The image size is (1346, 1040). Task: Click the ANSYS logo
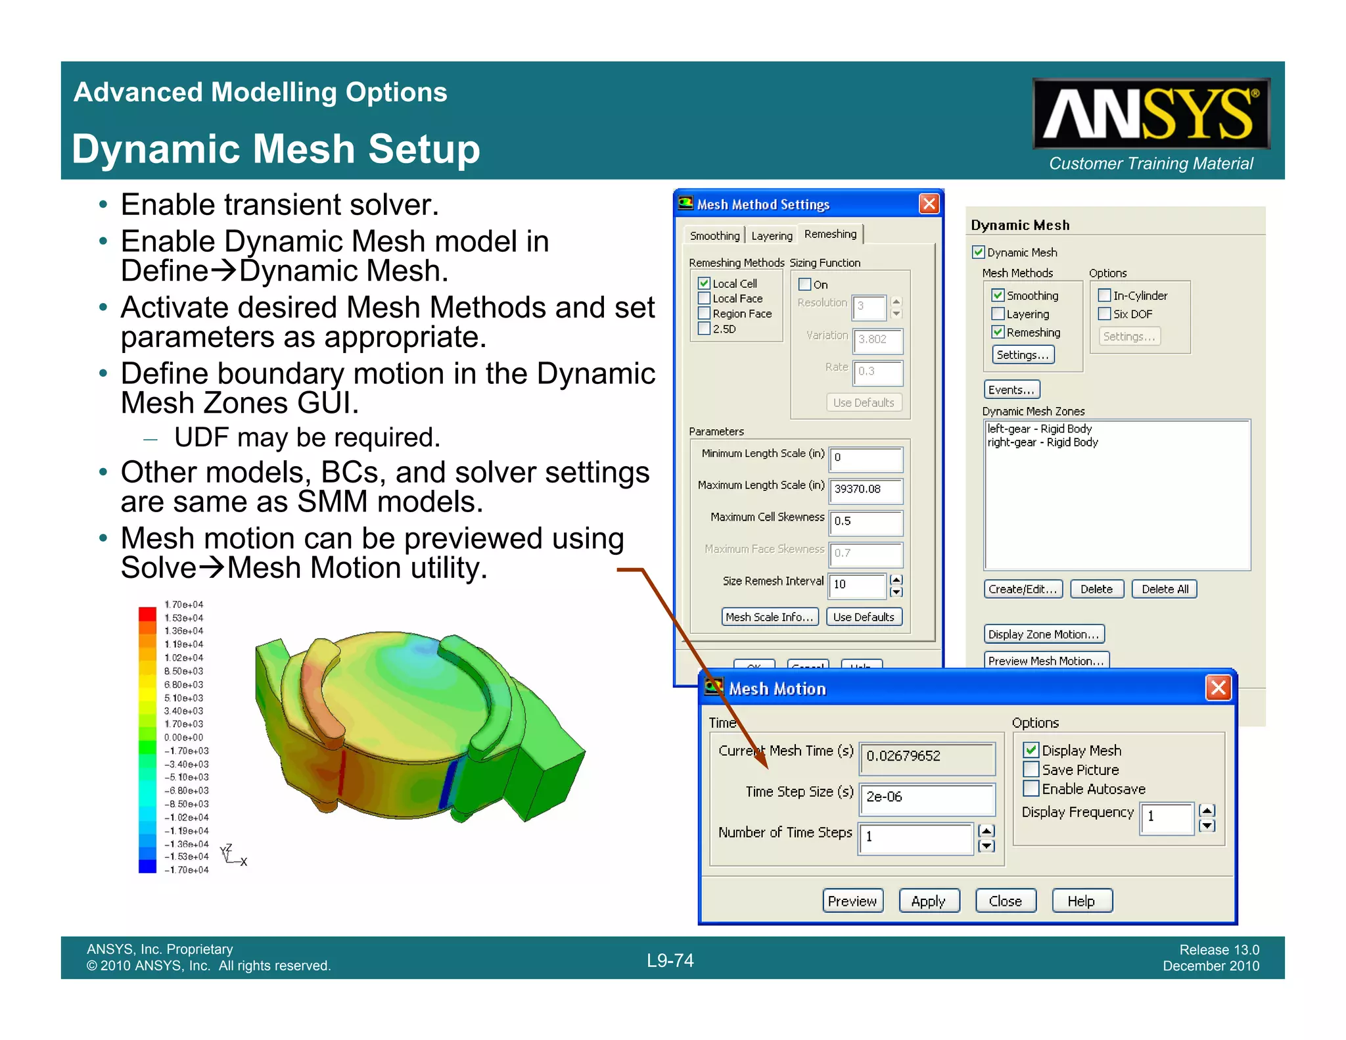click(1150, 114)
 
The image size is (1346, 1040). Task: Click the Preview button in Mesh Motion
click(852, 901)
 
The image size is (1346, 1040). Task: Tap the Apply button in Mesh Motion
click(928, 901)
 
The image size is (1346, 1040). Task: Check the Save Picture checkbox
click(1032, 770)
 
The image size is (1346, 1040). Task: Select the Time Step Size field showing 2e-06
click(927, 797)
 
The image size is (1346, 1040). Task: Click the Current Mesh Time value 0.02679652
click(927, 757)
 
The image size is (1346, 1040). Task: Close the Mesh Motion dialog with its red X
click(1218, 688)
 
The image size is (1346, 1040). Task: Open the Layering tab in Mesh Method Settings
click(772, 236)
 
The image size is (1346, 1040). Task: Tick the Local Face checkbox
click(704, 298)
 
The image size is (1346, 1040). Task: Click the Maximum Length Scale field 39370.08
click(866, 489)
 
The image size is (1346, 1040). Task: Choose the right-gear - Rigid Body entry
click(1042, 442)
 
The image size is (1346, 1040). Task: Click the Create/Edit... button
click(1022, 589)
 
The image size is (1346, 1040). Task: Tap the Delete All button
click(1165, 589)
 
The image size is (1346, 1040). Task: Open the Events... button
click(1011, 390)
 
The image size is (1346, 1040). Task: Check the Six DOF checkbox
click(1105, 314)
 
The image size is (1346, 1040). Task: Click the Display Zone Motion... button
click(1043, 634)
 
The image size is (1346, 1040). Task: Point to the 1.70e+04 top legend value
click(184, 605)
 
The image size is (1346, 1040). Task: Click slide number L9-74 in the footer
click(670, 960)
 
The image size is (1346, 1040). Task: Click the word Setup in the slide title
click(424, 149)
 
